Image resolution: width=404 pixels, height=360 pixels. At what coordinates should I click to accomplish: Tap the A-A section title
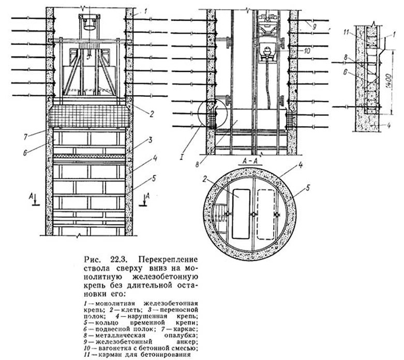click(252, 161)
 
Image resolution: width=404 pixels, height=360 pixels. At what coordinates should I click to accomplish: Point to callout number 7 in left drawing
click(25, 137)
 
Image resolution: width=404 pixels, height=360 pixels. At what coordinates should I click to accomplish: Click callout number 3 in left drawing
click(150, 141)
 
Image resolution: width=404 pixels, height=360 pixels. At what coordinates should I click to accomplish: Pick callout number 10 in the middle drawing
click(307, 50)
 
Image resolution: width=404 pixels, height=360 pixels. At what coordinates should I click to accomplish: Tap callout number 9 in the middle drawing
click(314, 26)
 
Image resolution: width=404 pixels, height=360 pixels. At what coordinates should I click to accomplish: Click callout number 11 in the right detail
click(346, 32)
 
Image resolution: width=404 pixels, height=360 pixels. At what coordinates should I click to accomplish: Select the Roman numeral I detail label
click(182, 157)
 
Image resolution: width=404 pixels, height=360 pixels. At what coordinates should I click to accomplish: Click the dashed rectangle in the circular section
click(266, 215)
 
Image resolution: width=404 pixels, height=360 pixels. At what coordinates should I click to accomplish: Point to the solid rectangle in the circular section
click(241, 214)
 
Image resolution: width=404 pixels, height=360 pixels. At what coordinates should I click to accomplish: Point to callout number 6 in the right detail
click(346, 73)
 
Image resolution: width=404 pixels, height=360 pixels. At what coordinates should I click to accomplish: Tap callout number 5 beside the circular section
click(307, 188)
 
